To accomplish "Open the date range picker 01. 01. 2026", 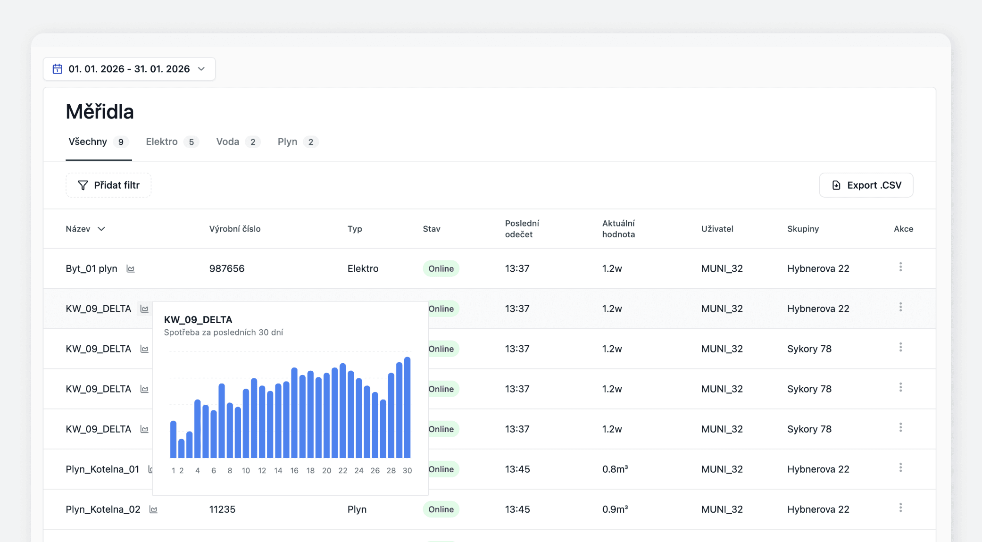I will pos(129,69).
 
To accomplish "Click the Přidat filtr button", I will pos(108,185).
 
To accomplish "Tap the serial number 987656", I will pos(226,268).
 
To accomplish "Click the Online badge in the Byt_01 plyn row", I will pos(441,268).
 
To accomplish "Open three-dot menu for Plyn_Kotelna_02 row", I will pos(900,508).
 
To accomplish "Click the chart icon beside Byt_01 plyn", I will pos(131,269).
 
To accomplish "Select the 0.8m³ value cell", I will pos(615,469).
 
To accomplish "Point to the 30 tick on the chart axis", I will pos(407,470).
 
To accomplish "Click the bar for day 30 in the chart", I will pos(407,408).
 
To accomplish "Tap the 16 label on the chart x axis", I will pos(294,470).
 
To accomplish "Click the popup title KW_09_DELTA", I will pos(198,320).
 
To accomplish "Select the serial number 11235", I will pos(222,509).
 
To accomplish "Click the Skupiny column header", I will pos(803,229).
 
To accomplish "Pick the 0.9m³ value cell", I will pos(615,509).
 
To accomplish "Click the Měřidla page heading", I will pos(100,112).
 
